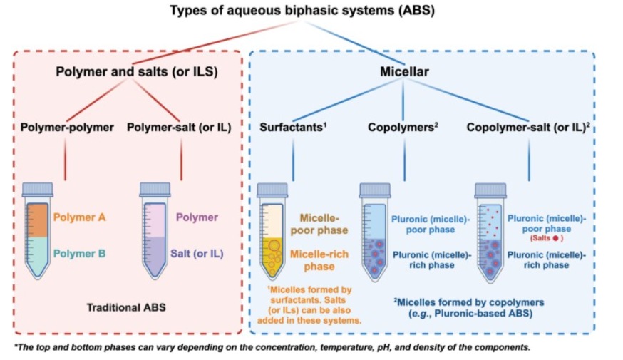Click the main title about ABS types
point(311,11)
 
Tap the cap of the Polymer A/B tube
point(37,190)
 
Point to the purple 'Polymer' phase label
point(197,217)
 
